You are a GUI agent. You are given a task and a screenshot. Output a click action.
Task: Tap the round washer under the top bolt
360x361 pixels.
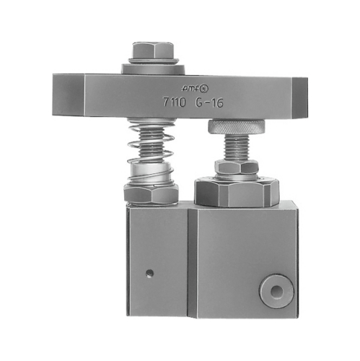click(x=153, y=68)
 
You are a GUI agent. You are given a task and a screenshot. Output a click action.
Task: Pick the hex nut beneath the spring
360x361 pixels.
click(x=150, y=193)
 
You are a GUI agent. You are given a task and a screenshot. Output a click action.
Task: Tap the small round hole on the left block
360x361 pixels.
click(x=149, y=272)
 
